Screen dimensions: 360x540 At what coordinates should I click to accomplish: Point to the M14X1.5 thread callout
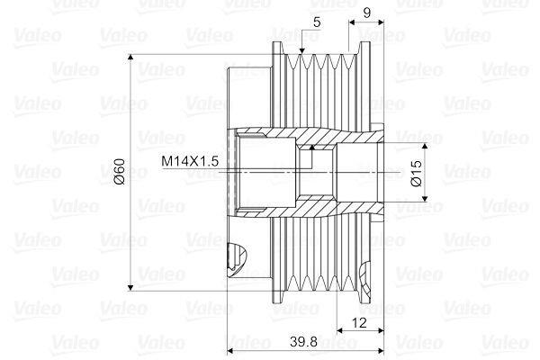pyautogui.click(x=190, y=161)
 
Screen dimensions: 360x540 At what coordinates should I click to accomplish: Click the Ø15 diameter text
pyautogui.click(x=416, y=172)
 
